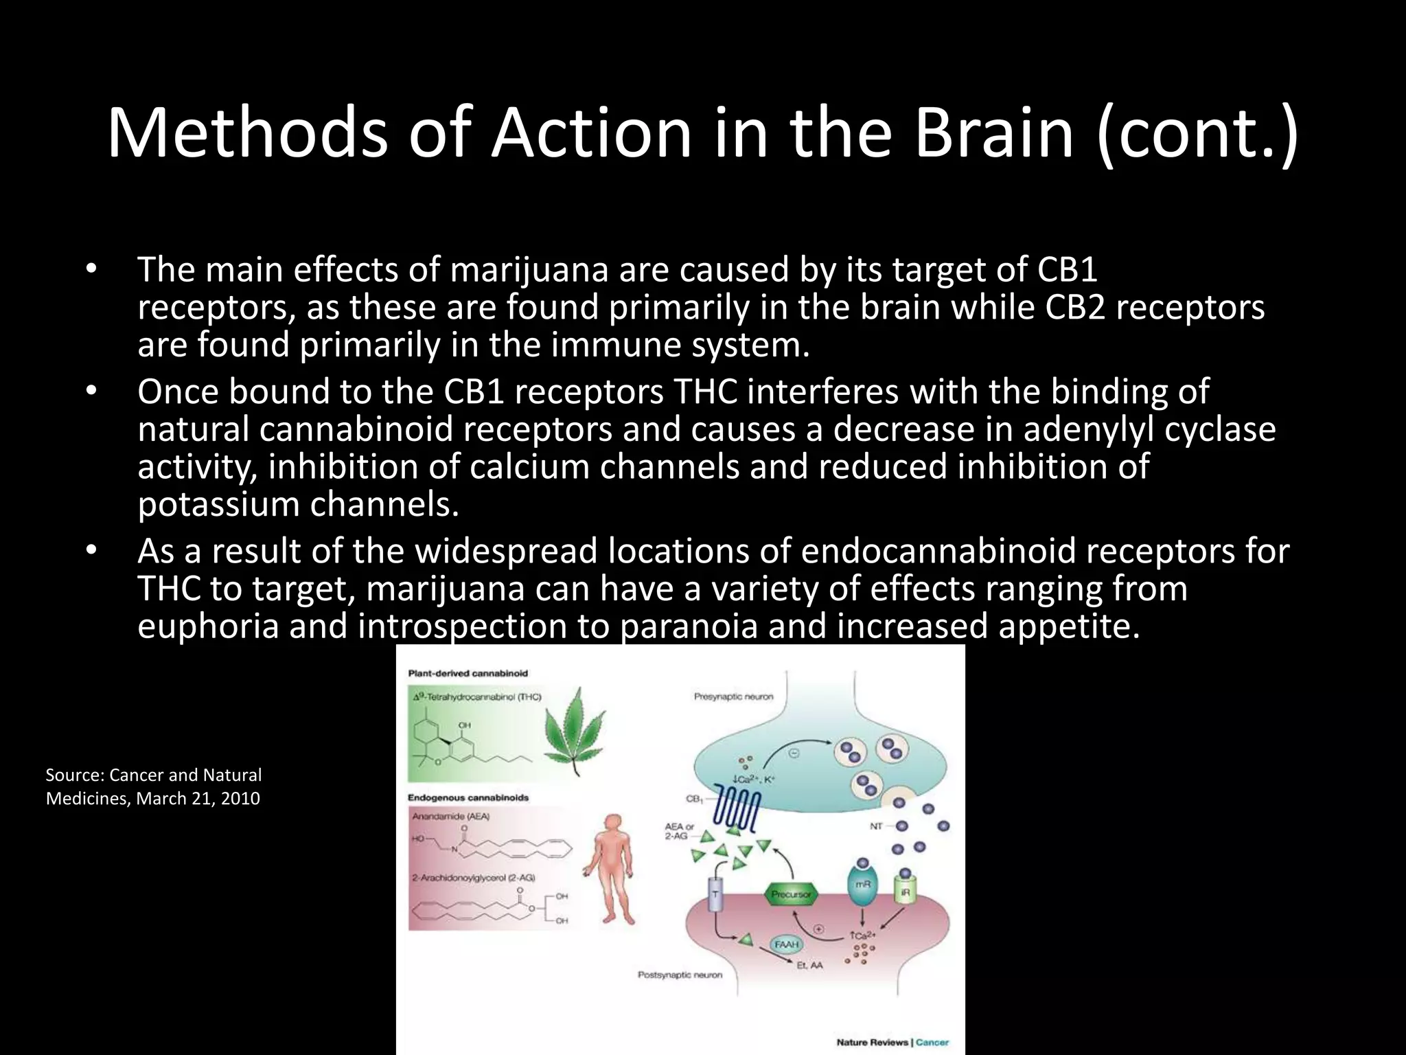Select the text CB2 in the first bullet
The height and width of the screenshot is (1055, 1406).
click(x=1075, y=307)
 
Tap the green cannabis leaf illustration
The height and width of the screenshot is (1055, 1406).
click(x=574, y=732)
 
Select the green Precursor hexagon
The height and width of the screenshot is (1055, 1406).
click(x=790, y=894)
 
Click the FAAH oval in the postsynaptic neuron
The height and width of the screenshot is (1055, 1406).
click(x=786, y=944)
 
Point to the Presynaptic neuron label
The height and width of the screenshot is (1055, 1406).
click(x=733, y=696)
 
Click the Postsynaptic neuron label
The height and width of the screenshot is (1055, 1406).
click(x=680, y=975)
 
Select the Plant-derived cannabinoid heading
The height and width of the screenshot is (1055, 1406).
click(x=468, y=673)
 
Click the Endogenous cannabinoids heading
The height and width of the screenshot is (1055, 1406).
click(x=468, y=797)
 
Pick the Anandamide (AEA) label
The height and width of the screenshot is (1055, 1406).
click(x=450, y=816)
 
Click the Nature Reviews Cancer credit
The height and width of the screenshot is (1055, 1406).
click(x=892, y=1042)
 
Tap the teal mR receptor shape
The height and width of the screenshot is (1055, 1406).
click(x=862, y=886)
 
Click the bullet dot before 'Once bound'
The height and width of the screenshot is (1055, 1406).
click(x=92, y=392)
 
